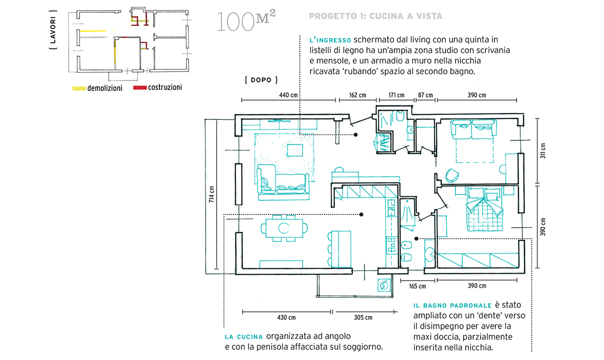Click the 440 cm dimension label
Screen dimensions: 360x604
coord(288,95)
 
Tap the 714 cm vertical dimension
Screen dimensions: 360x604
coord(212,195)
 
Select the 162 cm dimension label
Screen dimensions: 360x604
coord(358,95)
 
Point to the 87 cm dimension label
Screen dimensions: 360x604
coord(425,95)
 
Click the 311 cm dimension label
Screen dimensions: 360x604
coord(543,150)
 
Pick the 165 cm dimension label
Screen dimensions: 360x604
coord(418,286)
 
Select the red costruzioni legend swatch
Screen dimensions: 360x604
coord(140,87)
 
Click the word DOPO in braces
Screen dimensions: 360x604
coord(262,80)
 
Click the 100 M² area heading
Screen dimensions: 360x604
coord(245,21)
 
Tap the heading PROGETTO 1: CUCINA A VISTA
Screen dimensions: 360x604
coord(375,16)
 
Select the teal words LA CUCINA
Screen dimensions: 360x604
coord(244,337)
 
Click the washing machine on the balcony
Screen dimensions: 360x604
coord(383,286)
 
